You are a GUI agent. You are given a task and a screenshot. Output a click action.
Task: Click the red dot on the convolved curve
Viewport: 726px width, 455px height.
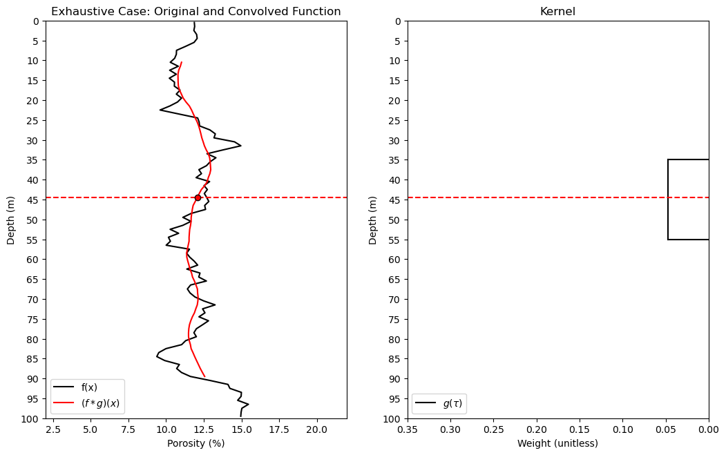198,197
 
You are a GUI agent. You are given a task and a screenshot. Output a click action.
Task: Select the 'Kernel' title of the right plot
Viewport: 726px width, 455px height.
557,12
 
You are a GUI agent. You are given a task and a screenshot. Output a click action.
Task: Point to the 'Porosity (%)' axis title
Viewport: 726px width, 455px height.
196,443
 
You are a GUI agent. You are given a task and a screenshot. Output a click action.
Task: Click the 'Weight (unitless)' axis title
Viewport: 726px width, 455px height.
557,443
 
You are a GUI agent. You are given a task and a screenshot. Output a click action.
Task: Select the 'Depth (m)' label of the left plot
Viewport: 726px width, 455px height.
10,220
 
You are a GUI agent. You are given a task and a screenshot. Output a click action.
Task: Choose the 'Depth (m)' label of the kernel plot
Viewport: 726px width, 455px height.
373,220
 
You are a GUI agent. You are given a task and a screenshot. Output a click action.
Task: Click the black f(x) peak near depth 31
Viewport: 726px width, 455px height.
240,146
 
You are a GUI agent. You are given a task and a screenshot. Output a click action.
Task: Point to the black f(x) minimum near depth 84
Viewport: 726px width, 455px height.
157,356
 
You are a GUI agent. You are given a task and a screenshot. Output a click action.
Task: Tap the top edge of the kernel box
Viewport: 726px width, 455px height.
688,159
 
